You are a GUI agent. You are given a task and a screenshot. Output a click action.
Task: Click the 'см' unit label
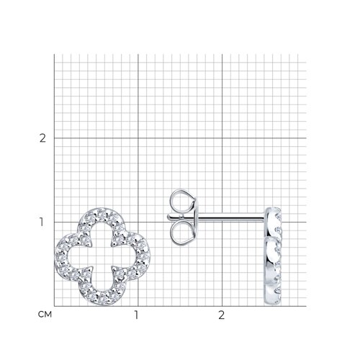(x=45, y=315)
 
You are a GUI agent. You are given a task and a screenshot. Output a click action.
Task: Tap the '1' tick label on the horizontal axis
(x=136, y=315)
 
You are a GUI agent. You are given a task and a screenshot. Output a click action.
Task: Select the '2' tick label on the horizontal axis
(x=222, y=315)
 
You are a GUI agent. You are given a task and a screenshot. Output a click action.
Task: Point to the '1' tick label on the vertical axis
(x=42, y=222)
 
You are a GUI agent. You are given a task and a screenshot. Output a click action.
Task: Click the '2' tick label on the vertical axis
(x=42, y=138)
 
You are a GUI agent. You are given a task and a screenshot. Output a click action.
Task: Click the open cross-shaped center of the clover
(x=102, y=256)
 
